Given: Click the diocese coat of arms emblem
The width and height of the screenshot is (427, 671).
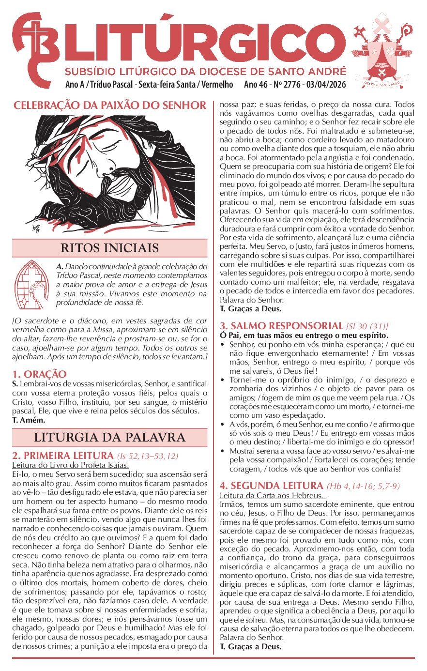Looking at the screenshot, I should click(385, 51).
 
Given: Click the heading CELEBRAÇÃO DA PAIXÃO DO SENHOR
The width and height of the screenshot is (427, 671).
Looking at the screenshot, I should click(110, 105).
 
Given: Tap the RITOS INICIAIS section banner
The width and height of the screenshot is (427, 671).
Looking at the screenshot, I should click(109, 248).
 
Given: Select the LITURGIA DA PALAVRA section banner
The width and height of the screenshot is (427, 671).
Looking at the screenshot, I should click(109, 438).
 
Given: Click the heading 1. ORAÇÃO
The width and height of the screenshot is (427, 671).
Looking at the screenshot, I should click(39, 374).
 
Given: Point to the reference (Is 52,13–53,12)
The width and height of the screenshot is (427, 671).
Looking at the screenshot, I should click(147, 456).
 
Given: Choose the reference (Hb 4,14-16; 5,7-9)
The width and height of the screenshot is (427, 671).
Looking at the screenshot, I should click(363, 486).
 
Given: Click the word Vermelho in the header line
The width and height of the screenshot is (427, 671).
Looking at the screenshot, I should click(216, 85).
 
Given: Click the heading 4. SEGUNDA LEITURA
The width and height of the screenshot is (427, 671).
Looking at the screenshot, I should click(271, 486).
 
